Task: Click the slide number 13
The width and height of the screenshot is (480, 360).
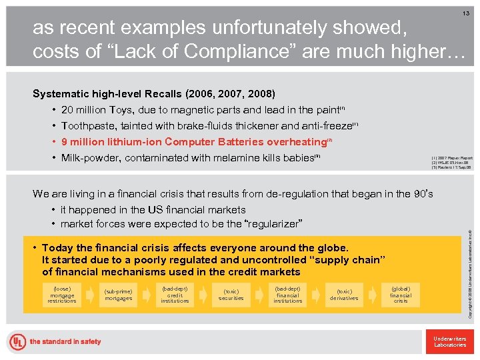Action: [465, 13]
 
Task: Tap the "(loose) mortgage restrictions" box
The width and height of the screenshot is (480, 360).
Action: [62, 295]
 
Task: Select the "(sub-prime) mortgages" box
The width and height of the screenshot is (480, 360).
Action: [118, 295]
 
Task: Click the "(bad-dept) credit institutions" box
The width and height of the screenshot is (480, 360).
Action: [175, 295]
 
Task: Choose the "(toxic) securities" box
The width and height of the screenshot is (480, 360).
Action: [231, 295]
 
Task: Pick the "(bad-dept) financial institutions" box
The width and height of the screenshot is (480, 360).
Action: [288, 295]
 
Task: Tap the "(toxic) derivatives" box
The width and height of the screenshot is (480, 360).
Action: [345, 295]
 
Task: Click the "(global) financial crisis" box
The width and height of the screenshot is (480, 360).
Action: [401, 295]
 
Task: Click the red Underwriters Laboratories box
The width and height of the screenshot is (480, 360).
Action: [449, 341]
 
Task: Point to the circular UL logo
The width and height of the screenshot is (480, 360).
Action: [17, 342]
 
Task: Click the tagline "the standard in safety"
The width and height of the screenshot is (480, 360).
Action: [65, 342]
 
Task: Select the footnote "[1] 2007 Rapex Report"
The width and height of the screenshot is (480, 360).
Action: [453, 159]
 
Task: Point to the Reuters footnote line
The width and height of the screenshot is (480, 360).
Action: [453, 168]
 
